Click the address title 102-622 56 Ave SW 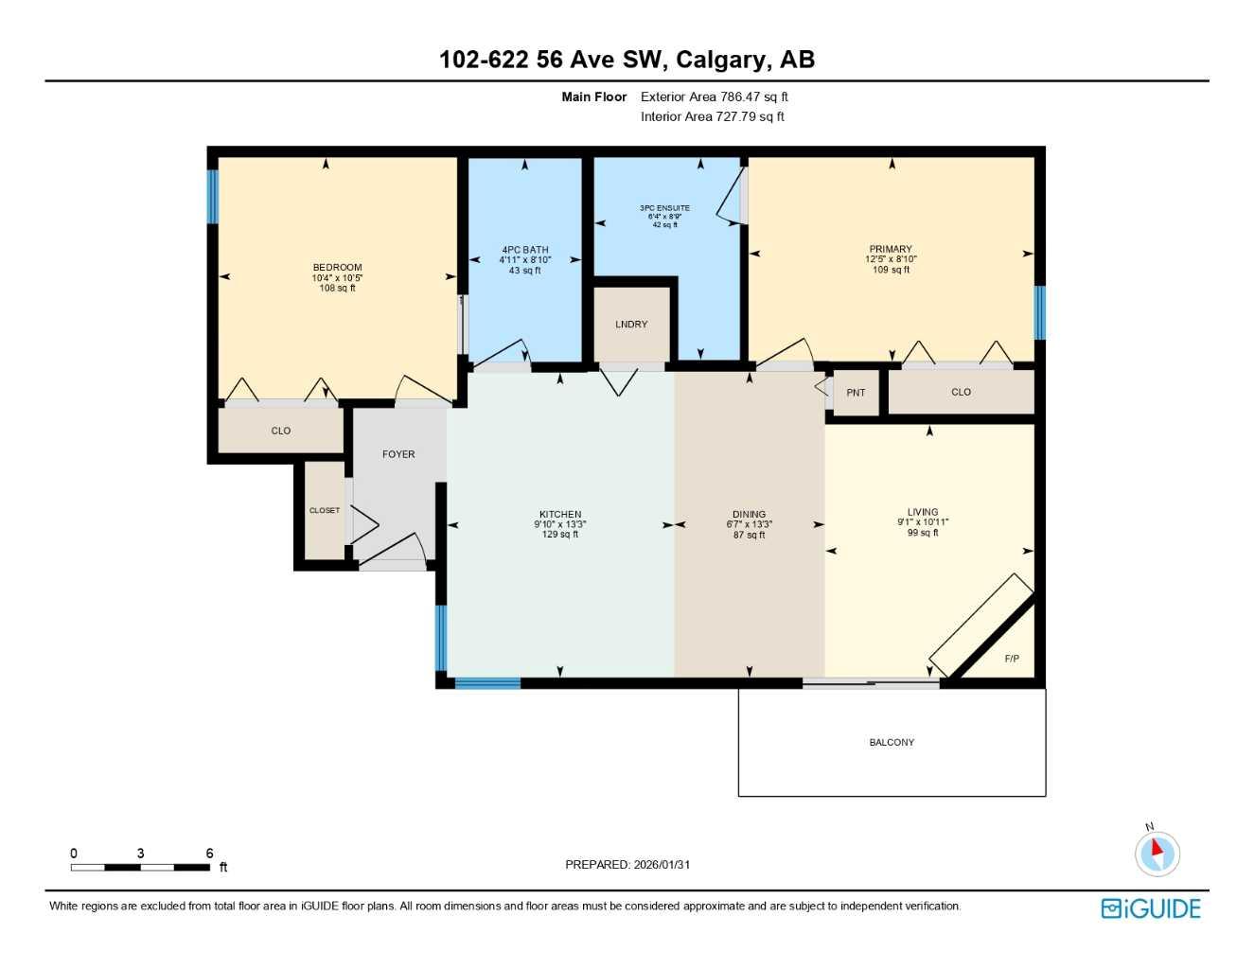coord(627,60)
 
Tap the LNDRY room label coord(631,325)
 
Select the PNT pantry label coord(856,393)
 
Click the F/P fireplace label coord(1012,659)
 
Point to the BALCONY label coord(892,743)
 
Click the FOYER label coord(398,454)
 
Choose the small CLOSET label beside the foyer coord(325,511)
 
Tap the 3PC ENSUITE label coord(664,208)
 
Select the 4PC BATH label coord(525,250)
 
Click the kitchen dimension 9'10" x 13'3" coord(560,524)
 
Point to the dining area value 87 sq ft coord(749,536)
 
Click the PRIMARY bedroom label coord(891,249)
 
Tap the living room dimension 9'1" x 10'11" coord(923,522)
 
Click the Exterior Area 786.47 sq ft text coord(715,97)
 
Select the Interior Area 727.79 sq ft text coord(713,116)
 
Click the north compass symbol coord(1157,852)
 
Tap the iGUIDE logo coord(1151,908)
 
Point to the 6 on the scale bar coord(210,854)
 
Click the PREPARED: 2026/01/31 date coord(627,865)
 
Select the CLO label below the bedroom coord(281,432)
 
